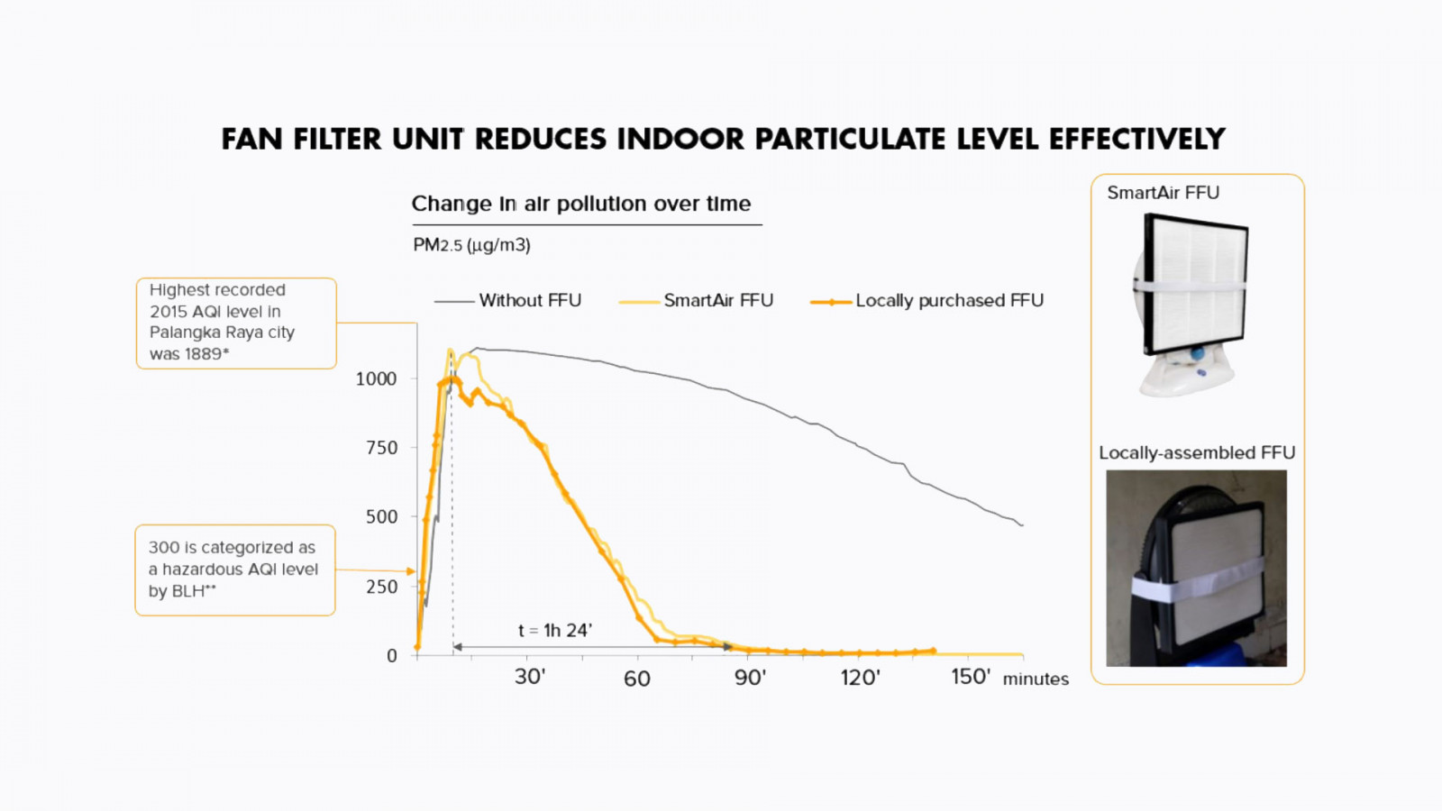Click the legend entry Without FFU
click(x=529, y=300)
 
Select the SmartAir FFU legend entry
click(x=717, y=300)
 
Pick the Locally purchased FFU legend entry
click(x=948, y=300)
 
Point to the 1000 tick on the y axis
click(x=376, y=379)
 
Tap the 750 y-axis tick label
click(x=381, y=448)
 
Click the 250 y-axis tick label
click(x=381, y=587)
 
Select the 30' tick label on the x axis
click(x=530, y=677)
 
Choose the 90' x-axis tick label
click(x=750, y=678)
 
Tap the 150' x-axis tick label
click(x=971, y=677)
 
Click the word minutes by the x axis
click(x=1036, y=679)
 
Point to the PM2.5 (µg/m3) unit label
click(x=471, y=245)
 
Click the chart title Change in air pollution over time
click(x=581, y=204)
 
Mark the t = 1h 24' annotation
click(x=555, y=631)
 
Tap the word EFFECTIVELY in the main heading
click(x=1136, y=140)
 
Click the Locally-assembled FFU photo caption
click(x=1197, y=452)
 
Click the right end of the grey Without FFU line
click(x=1022, y=524)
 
